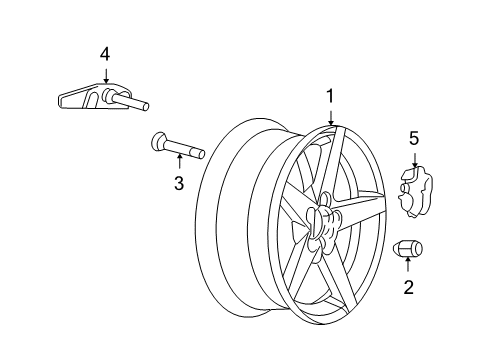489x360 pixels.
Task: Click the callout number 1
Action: point(329,98)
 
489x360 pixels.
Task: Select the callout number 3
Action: point(179,182)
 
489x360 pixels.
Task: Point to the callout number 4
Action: point(105,53)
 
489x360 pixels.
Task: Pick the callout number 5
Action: point(414,137)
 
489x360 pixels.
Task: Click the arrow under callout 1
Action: point(329,118)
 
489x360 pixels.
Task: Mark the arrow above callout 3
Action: point(179,163)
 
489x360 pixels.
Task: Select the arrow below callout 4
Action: point(105,75)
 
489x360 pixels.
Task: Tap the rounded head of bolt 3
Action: point(158,140)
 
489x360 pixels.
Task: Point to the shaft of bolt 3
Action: point(183,150)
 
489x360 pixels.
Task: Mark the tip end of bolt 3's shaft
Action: point(201,154)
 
